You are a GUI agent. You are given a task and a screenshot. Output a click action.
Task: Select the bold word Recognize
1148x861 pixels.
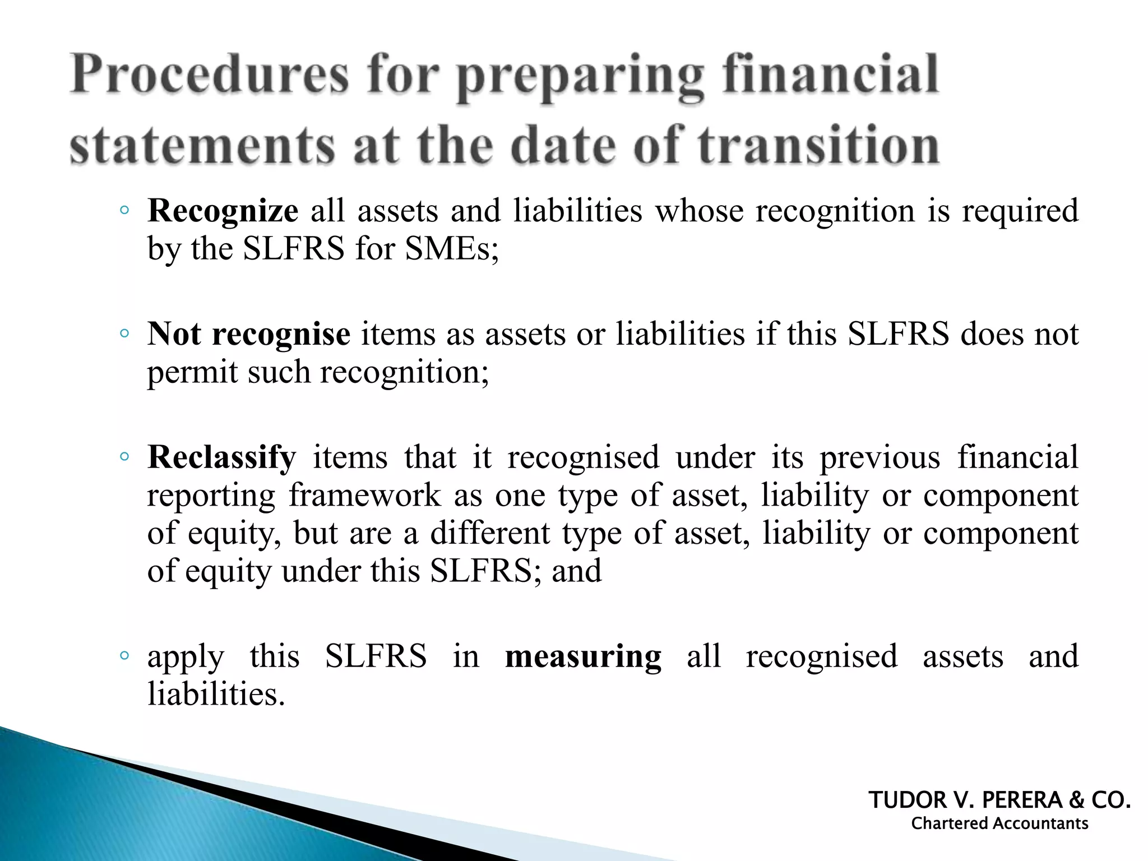[223, 211]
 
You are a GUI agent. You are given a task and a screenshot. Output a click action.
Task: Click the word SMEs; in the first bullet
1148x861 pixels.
[452, 248]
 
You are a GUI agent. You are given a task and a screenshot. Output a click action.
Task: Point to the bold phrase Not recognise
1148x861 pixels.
[249, 334]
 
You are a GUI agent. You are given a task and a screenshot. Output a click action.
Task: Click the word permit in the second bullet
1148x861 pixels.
[192, 372]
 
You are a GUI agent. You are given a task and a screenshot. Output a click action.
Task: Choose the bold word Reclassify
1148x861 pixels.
[221, 457]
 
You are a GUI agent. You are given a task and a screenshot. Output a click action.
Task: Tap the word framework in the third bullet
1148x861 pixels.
[365, 495]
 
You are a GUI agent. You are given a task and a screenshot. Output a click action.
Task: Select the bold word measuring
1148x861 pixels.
[583, 656]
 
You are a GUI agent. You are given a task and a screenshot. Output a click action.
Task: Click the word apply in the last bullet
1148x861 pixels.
[186, 658]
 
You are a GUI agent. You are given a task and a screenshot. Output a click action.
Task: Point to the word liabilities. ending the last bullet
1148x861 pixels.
[216, 695]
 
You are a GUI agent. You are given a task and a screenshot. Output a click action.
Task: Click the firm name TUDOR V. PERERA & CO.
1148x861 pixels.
[999, 800]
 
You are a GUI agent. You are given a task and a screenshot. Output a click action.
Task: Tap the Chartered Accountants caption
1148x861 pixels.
[999, 823]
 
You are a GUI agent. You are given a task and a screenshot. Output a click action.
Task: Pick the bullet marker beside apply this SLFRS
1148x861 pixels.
[124, 656]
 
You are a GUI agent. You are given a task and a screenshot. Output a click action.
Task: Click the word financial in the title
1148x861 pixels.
[830, 76]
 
